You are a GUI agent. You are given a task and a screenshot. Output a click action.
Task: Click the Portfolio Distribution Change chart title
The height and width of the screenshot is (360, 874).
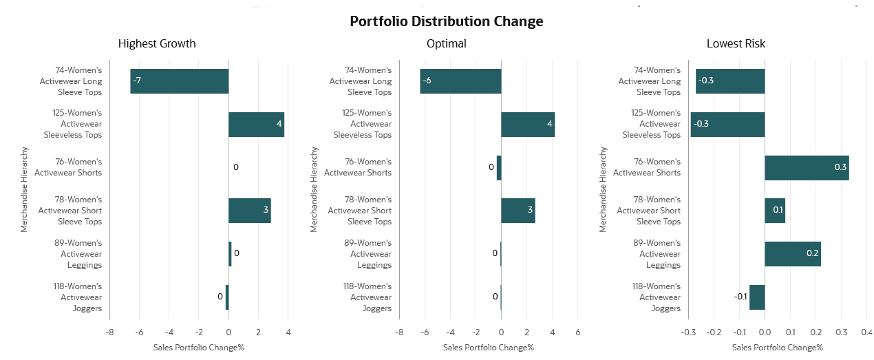[x=446, y=21]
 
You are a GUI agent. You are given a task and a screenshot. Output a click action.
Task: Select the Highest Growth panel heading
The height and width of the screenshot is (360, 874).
[x=157, y=43]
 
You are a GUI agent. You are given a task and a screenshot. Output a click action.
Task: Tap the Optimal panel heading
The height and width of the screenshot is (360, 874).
[x=446, y=43]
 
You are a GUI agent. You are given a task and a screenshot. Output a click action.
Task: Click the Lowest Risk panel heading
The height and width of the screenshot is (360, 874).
[x=736, y=43]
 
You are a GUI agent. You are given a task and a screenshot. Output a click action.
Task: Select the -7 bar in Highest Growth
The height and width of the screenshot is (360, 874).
[x=180, y=81]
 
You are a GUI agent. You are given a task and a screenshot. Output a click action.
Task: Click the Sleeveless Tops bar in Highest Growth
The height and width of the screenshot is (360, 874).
[x=256, y=125]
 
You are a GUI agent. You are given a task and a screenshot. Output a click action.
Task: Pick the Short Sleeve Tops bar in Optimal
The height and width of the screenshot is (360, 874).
[x=518, y=211]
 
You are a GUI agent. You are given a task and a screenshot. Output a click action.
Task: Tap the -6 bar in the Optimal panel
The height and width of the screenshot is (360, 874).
[x=460, y=81]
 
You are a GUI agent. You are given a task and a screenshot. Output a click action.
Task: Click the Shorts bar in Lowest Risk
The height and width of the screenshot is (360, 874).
[x=807, y=168]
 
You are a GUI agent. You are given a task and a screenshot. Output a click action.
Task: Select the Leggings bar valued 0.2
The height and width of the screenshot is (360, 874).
[x=792, y=254]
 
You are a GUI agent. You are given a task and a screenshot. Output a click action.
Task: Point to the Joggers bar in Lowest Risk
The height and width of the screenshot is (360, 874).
[x=757, y=297]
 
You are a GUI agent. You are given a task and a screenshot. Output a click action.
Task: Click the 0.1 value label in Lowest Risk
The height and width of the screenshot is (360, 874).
[x=778, y=210]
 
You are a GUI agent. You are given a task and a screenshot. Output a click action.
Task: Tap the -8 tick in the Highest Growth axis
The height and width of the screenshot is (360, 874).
[x=109, y=332]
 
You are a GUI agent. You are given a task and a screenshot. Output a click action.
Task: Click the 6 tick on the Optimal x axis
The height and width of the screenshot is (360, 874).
[x=577, y=332]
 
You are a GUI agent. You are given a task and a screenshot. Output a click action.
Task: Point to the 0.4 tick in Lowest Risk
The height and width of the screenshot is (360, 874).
[x=866, y=332]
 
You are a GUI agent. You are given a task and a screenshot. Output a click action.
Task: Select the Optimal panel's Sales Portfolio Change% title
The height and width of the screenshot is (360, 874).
[x=489, y=347]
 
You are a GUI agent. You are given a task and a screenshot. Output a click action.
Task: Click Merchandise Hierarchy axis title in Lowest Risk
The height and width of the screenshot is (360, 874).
[x=603, y=189]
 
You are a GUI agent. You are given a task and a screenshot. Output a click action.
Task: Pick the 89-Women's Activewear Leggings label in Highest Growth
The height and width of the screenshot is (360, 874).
[x=78, y=254]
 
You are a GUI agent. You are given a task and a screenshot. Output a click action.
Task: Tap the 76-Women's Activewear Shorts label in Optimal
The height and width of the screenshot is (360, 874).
[x=358, y=167]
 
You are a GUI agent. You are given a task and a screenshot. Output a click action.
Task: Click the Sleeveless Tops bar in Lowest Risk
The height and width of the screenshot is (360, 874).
[x=727, y=125]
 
